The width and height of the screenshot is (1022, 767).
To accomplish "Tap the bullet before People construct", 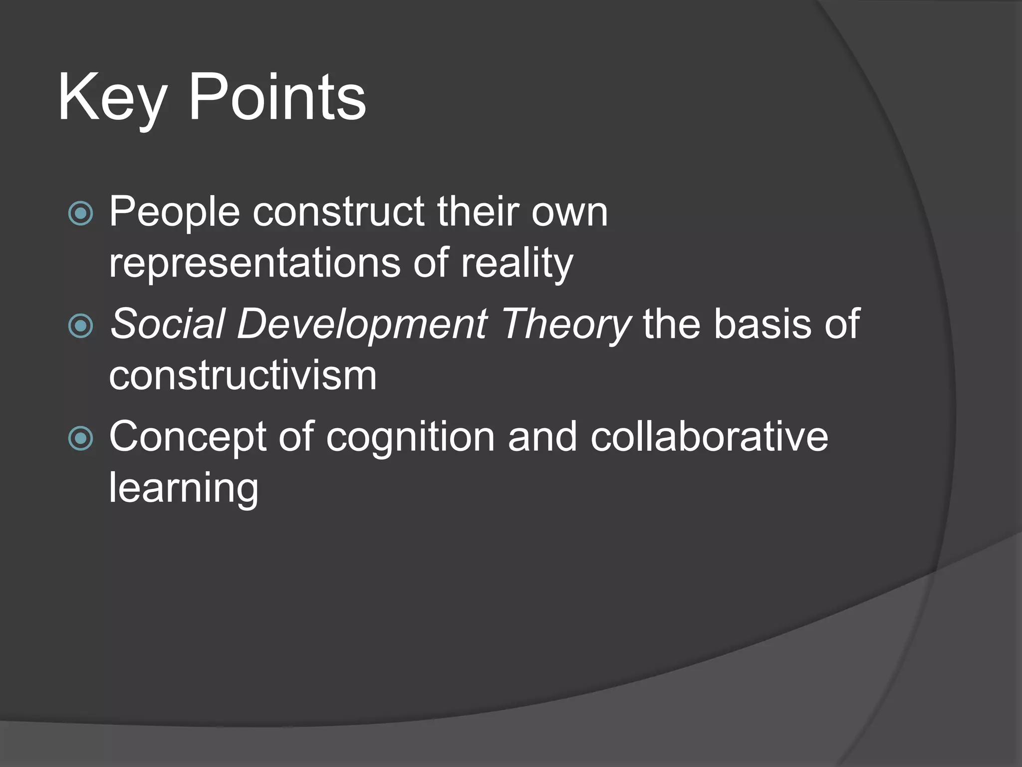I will [80, 214].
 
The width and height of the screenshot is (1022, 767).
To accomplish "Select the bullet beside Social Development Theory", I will [80, 326].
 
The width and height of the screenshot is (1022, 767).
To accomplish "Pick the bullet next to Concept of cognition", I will [80, 438].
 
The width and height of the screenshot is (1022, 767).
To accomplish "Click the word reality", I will [516, 264].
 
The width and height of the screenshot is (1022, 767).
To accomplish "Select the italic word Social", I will [167, 325].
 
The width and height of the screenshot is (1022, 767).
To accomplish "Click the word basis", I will [763, 325].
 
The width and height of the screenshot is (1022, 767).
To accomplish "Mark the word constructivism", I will [243, 376].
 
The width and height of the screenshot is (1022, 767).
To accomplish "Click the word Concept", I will [187, 437].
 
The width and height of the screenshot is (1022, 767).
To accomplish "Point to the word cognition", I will [410, 437].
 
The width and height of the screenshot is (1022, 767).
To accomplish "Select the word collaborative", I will [709, 437].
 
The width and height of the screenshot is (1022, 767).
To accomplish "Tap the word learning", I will [184, 488].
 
